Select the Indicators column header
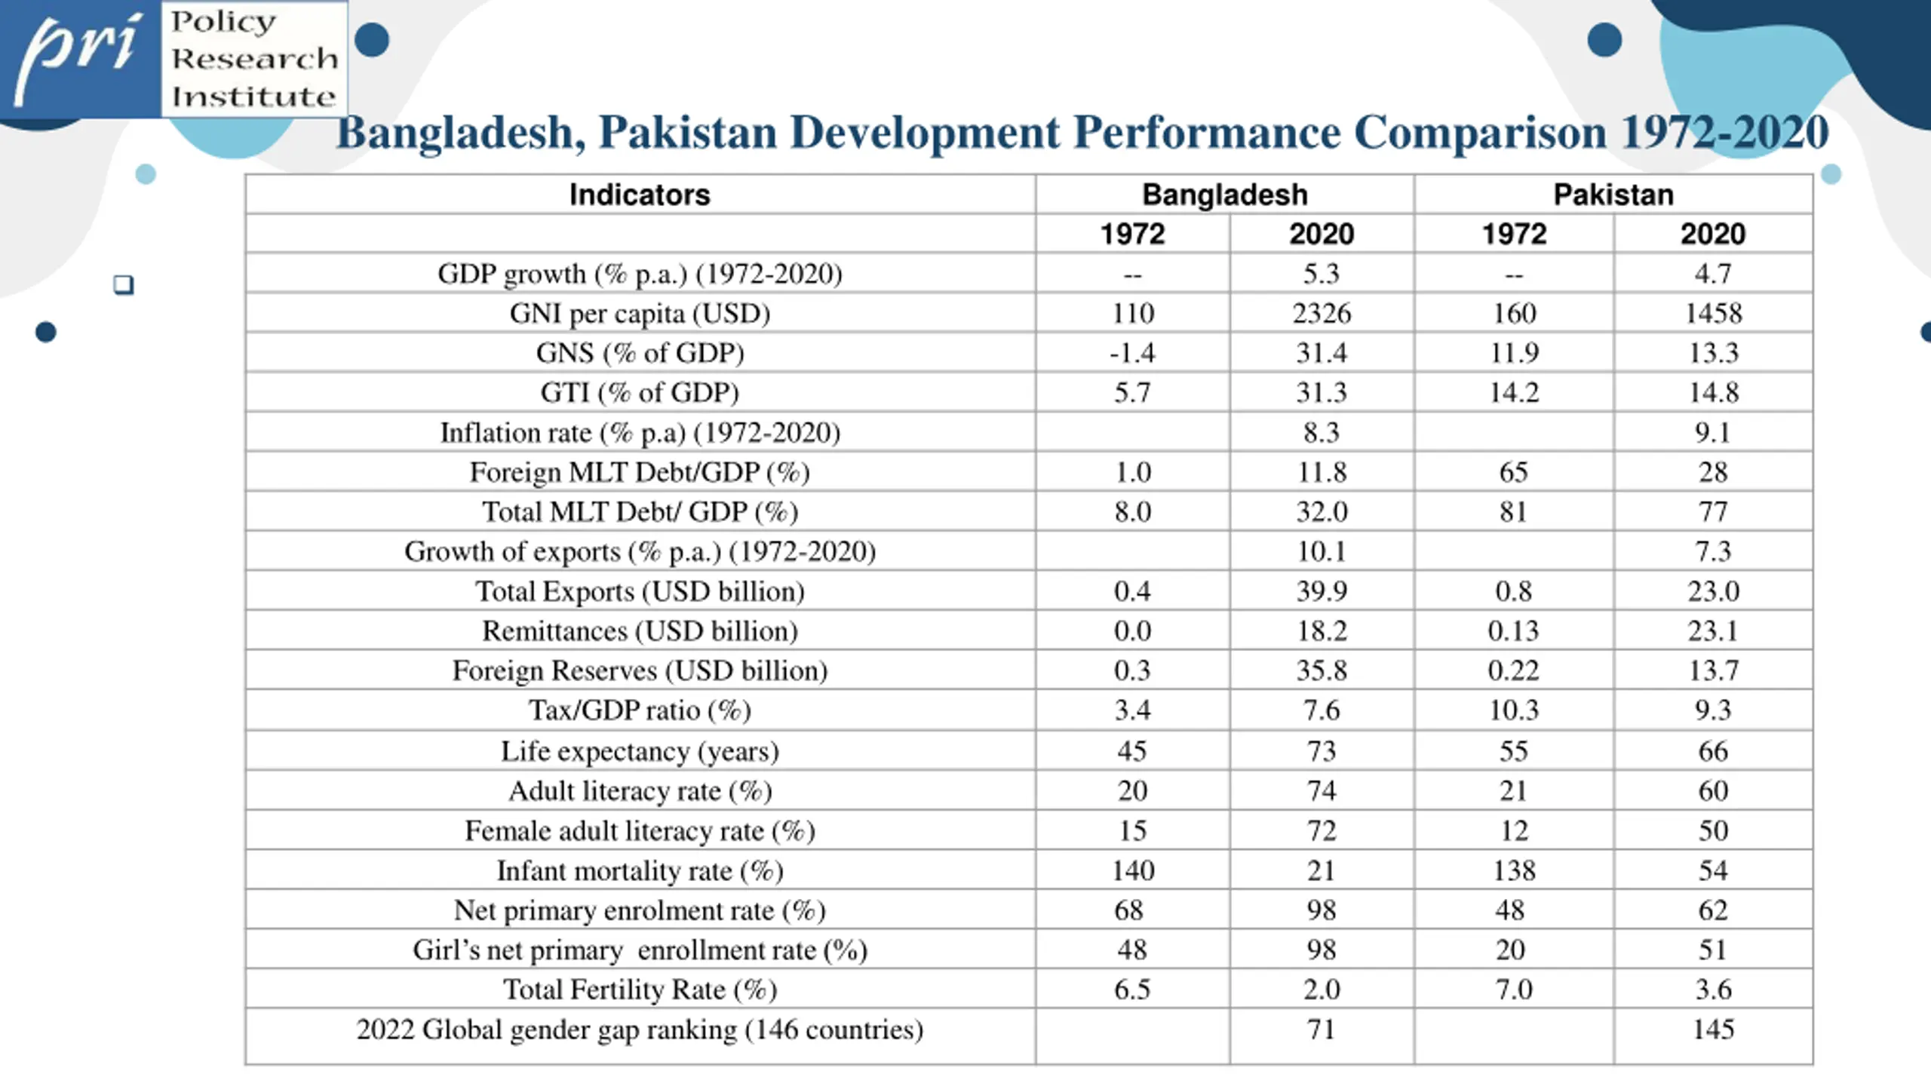[x=640, y=195]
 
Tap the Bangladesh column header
[x=1224, y=195]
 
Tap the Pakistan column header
[x=1613, y=195]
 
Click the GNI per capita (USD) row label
[x=640, y=314]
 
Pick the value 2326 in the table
[x=1321, y=314]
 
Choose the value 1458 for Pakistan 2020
[x=1713, y=314]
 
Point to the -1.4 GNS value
[x=1131, y=353]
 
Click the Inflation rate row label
[x=640, y=433]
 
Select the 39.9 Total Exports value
[x=1321, y=591]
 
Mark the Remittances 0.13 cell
[x=1513, y=631]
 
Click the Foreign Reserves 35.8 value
[x=1321, y=670]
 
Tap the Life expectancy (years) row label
[x=640, y=751]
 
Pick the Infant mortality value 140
[x=1132, y=871]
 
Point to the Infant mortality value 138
[x=1513, y=871]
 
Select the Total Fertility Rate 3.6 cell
[x=1713, y=989]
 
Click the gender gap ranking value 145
[x=1713, y=1029]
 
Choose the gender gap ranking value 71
[x=1321, y=1029]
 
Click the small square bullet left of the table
[x=124, y=285]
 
